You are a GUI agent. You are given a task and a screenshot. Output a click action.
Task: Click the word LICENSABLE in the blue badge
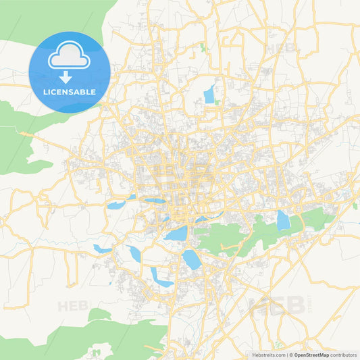pos(70,91)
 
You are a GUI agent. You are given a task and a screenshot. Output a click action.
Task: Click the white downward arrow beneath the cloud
pos(66,77)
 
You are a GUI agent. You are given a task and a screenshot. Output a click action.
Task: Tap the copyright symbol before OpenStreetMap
pos(290,355)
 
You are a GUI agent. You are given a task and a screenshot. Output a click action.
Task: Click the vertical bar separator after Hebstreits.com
pos(286,355)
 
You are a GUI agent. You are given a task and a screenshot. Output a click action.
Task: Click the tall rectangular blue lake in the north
pos(209,95)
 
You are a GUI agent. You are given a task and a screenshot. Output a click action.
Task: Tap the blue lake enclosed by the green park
pos(283,221)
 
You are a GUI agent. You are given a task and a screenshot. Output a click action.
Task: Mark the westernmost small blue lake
pos(103,249)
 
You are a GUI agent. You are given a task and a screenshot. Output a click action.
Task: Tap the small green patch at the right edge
pos(355,205)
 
